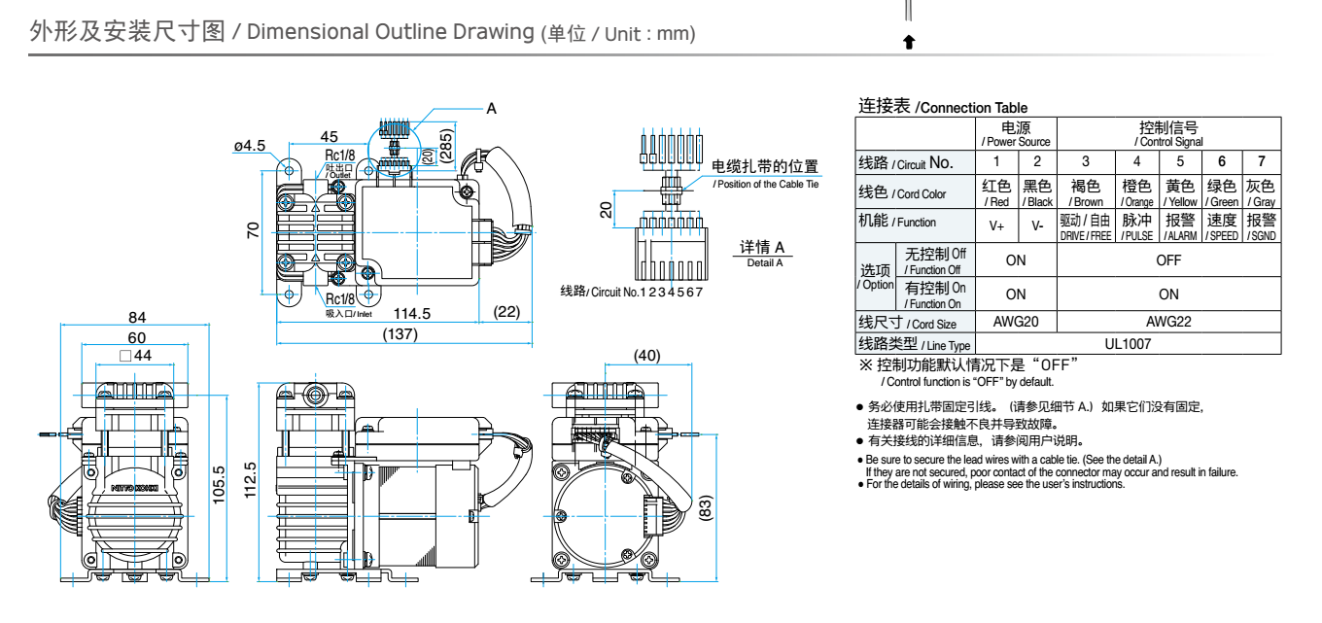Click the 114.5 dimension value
pos(412,312)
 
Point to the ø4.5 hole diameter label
pos(249,146)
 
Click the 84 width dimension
pos(137,317)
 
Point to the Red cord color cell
pos(996,191)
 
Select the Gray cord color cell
pos(1262,191)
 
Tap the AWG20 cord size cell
pos(1015,323)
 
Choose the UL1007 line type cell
pos(1128,343)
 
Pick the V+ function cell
pos(996,225)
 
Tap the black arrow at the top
pos(909,42)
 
